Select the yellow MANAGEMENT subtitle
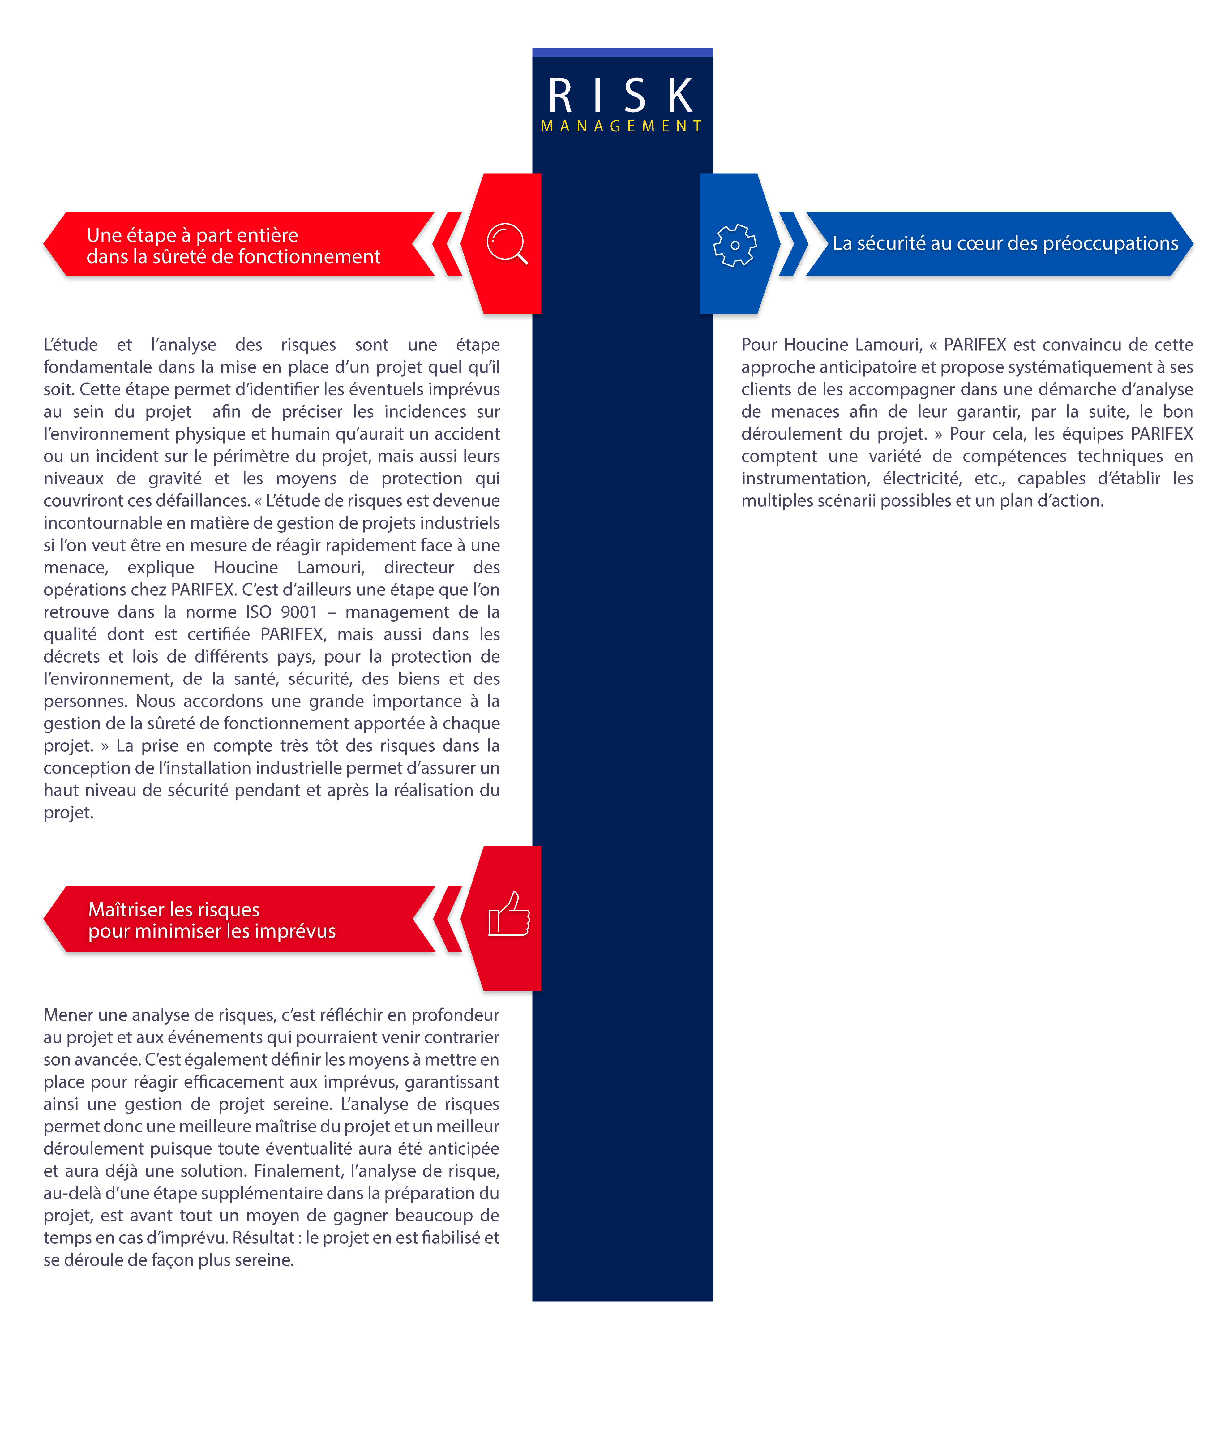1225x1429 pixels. [x=621, y=126]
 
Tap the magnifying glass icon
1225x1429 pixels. [x=507, y=243]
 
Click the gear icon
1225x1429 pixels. [x=735, y=245]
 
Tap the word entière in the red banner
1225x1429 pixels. [x=268, y=235]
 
